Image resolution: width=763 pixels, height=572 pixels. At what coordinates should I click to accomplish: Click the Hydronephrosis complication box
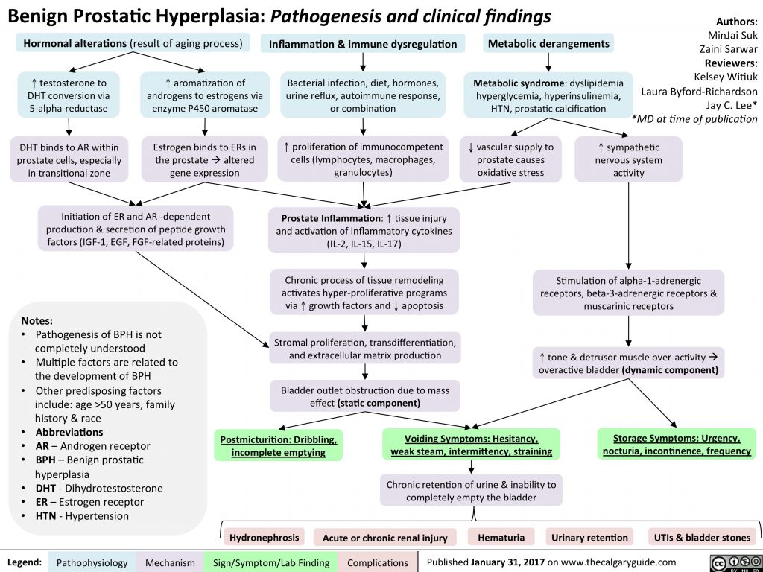point(265,537)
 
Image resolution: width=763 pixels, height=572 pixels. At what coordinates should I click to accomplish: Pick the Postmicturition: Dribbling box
point(278,445)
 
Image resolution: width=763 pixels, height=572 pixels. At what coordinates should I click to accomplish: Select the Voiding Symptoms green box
point(471,445)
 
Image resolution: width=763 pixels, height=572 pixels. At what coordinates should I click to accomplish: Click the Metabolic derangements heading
point(548,44)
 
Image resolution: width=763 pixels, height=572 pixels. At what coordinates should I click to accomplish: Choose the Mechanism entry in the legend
point(171,562)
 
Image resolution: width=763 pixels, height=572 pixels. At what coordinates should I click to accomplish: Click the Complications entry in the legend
point(378,562)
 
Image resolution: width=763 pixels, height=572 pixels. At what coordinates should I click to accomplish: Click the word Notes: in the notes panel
point(37,320)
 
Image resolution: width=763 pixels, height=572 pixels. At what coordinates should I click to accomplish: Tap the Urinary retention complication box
point(589,537)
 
